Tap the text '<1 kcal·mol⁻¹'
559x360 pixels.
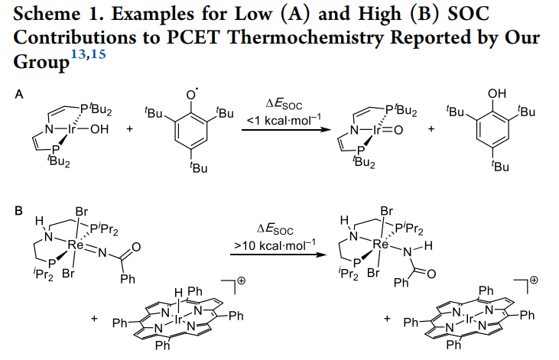click(x=279, y=121)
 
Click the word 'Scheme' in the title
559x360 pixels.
click(x=47, y=16)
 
